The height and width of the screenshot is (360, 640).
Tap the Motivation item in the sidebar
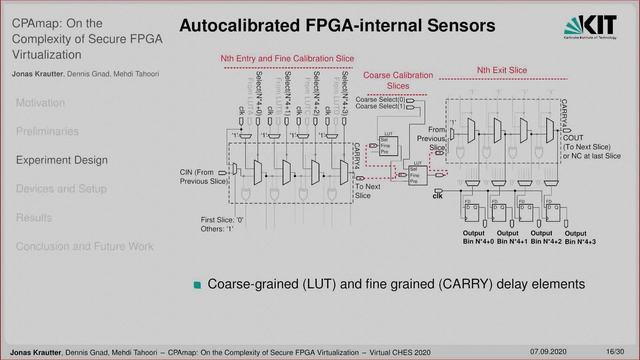coord(40,102)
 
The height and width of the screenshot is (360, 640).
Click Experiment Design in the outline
coord(61,159)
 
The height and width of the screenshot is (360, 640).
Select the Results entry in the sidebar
coord(33,217)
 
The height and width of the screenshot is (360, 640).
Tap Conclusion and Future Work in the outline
coord(84,246)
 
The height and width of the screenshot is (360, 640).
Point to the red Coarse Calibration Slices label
coord(397,81)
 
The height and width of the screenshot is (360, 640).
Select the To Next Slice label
coord(369,190)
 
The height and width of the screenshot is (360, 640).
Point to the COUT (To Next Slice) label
coord(590,146)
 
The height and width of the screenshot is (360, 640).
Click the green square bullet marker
coord(198,285)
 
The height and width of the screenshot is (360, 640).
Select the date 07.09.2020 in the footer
coord(550,351)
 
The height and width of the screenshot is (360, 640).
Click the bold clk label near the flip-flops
coord(436,198)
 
